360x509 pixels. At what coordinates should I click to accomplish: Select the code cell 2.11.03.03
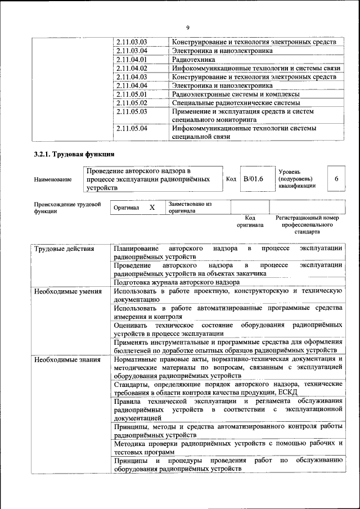[130, 42]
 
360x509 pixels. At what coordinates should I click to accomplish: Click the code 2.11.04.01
[130, 59]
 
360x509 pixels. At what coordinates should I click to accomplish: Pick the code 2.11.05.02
[130, 103]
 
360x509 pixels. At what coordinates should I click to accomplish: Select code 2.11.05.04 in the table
[130, 128]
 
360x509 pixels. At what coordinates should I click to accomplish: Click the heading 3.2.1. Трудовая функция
[74, 155]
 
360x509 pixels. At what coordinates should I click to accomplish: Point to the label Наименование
[53, 179]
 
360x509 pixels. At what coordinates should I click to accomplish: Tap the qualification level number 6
[336, 179]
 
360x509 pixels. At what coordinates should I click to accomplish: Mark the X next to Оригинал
[152, 208]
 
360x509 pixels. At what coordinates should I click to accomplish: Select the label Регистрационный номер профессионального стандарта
[307, 224]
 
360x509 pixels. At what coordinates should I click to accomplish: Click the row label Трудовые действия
[64, 249]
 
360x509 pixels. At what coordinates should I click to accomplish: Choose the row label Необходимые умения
[67, 291]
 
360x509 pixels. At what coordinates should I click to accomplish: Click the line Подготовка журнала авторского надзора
[177, 282]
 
